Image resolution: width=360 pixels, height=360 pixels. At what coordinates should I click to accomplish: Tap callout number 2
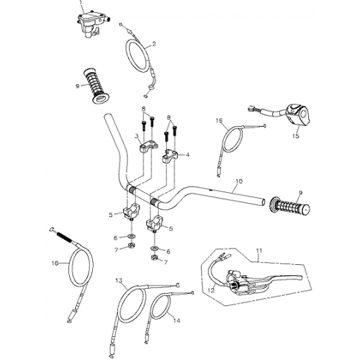point(153,45)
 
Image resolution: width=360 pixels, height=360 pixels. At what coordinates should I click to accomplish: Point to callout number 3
point(135,136)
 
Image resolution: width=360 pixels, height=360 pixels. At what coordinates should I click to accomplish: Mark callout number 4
point(189,154)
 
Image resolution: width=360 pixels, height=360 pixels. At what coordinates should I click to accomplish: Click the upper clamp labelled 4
point(174,155)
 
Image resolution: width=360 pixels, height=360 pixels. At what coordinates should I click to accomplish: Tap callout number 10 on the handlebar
point(239,183)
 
